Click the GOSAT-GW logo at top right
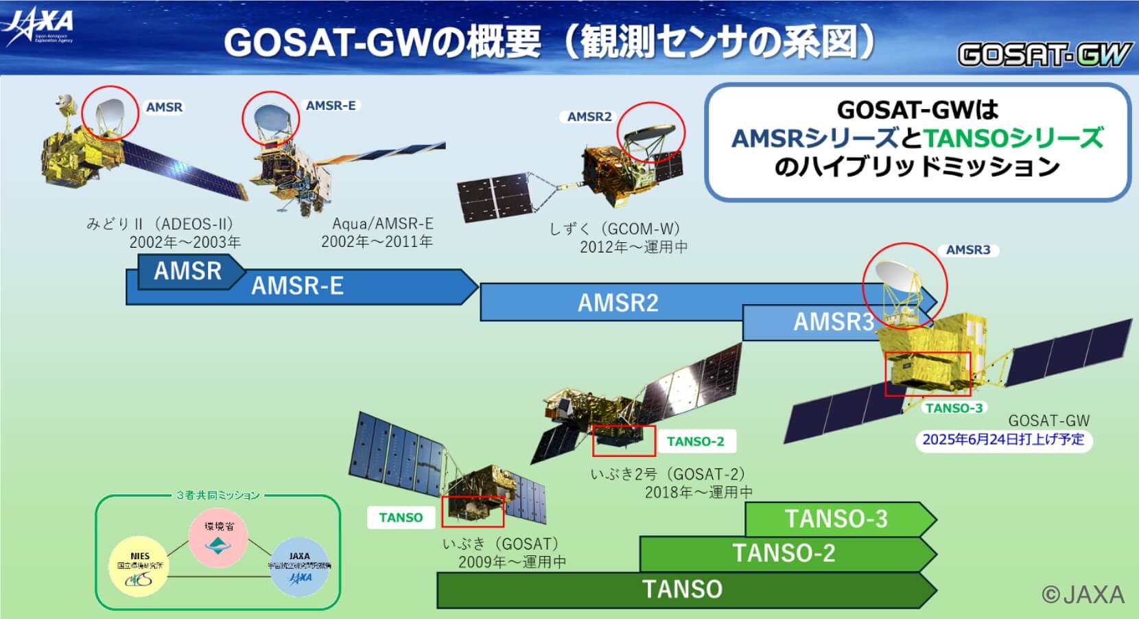1043,54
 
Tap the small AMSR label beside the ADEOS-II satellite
164,107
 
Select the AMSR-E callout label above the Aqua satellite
331,106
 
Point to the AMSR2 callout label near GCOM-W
589,117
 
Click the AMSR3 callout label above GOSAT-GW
967,250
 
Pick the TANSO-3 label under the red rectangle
954,408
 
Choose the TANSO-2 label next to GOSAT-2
695,441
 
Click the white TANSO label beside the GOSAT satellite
401,517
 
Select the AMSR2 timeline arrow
618,303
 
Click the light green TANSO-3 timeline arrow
836,519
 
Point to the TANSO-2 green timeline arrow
784,553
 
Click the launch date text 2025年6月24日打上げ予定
1002,439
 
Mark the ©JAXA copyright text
1083,594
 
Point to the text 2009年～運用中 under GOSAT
512,562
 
